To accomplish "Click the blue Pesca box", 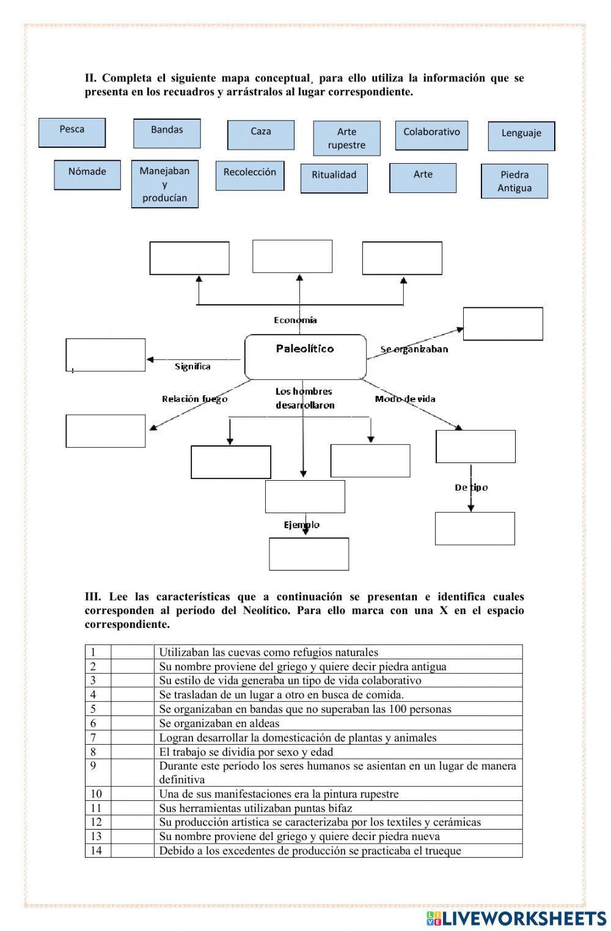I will click(72, 133).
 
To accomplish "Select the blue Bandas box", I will click(167, 133).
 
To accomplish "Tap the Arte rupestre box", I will click(346, 138).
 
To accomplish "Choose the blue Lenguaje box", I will click(521, 136).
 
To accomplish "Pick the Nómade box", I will click(87, 175).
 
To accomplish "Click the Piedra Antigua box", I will click(514, 181).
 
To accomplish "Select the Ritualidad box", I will click(334, 178).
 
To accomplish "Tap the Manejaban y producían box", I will click(164, 184).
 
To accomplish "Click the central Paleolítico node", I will click(305, 356).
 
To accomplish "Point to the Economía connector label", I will click(295, 320).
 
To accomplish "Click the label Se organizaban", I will click(414, 349).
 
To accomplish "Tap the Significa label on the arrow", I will click(192, 367).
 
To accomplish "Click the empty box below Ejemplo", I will click(309, 553).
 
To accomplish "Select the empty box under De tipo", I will click(475, 528).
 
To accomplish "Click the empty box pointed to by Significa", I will click(106, 354).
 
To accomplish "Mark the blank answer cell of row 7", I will click(132, 737).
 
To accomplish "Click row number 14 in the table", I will click(97, 850).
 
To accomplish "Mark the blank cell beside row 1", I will click(132, 652).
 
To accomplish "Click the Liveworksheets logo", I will click(516, 918).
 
